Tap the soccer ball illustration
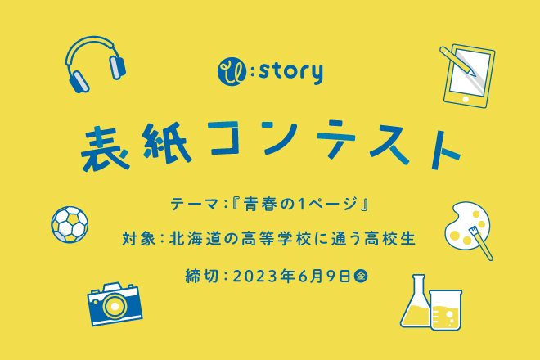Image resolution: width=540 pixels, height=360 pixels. [x=70, y=224]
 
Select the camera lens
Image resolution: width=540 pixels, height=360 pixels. [x=114, y=305]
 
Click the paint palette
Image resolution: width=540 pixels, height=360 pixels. [x=466, y=225]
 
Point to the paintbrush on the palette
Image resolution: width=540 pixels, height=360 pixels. [x=481, y=243]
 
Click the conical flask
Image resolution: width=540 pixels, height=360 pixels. [x=416, y=304]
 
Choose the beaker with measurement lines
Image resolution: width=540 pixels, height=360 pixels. [x=446, y=310]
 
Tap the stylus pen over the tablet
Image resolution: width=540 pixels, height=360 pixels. [x=457, y=61]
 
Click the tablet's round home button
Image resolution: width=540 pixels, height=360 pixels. [x=466, y=100]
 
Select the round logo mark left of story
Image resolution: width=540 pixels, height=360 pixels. [x=232, y=71]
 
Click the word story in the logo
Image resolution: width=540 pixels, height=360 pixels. [x=290, y=72]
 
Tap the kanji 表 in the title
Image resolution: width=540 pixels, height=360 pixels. [x=105, y=148]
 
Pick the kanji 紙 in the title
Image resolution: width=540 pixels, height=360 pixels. [x=167, y=142]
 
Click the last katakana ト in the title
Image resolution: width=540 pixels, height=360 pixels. [x=443, y=150]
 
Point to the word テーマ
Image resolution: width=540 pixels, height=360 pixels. [x=195, y=204]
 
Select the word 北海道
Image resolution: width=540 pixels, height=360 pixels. [x=194, y=239]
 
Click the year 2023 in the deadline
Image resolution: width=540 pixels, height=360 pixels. [x=255, y=277]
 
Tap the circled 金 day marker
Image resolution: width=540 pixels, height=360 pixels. [x=361, y=276]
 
